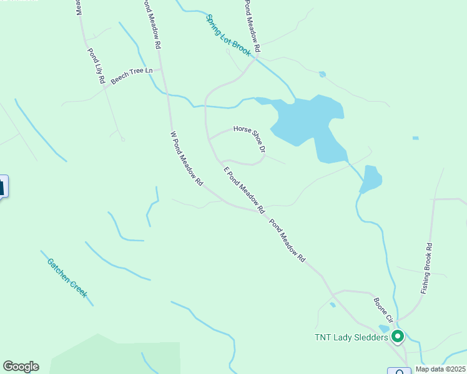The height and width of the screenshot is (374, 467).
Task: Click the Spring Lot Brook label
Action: tap(229, 36)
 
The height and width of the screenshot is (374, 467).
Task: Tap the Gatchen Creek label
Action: tap(66, 277)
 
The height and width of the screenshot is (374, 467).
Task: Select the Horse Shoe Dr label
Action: tap(250, 140)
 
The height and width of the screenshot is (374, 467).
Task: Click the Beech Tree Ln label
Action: tap(132, 75)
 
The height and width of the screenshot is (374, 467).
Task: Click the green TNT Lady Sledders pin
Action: tap(398, 337)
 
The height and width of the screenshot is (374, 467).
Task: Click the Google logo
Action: tap(21, 367)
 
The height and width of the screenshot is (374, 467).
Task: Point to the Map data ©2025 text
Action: tap(440, 369)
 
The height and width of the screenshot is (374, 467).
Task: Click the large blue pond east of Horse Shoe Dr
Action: tap(306, 118)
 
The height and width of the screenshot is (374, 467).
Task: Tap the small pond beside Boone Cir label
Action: tap(333, 305)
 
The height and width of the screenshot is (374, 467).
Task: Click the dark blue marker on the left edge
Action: tap(2, 186)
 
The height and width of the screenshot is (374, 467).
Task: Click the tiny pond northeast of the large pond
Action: tap(322, 74)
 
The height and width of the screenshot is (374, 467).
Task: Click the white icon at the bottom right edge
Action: tap(398, 371)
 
